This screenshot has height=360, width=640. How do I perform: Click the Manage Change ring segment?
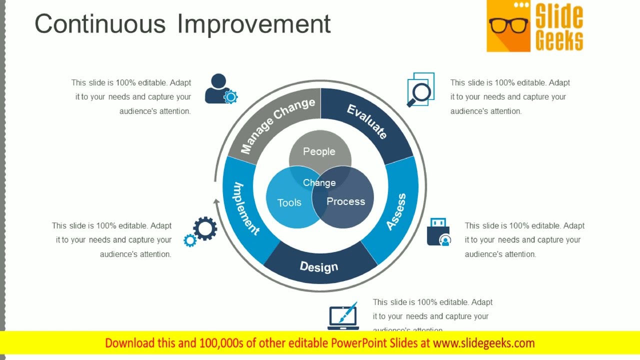(x=278, y=125)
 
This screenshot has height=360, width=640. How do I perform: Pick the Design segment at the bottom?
(x=319, y=266)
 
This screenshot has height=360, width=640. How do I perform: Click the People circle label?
(x=319, y=151)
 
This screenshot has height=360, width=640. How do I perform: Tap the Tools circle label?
(x=289, y=202)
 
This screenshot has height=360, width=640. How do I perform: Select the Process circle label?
(x=346, y=201)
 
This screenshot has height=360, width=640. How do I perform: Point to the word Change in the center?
(x=319, y=183)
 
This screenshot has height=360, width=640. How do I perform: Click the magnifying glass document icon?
(x=420, y=90)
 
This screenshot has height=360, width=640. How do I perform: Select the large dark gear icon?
(x=205, y=228)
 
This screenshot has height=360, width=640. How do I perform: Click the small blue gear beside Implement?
(x=190, y=240)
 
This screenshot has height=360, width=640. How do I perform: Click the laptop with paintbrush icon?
(x=343, y=316)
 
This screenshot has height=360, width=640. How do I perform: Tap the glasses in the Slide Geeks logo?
(x=508, y=25)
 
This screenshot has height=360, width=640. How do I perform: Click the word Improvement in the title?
(x=254, y=24)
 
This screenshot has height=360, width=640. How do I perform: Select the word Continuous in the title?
(x=100, y=24)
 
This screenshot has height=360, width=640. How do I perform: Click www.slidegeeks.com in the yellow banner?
(x=483, y=343)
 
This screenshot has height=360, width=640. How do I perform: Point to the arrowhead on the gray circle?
(x=216, y=201)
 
